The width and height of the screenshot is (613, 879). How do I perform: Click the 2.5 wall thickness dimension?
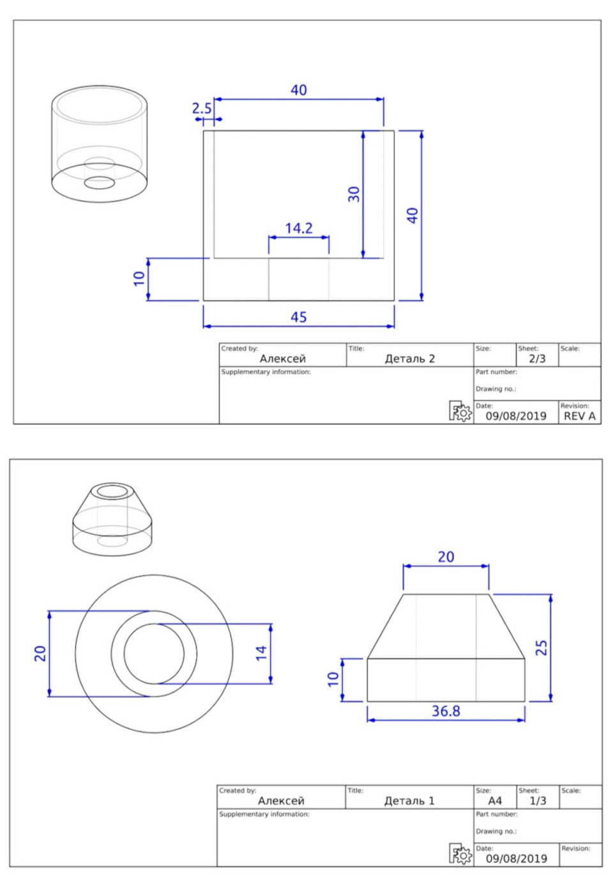pyautogui.click(x=201, y=108)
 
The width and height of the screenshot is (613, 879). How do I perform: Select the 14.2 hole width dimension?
pyautogui.click(x=299, y=228)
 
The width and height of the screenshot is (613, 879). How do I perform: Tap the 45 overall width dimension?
pyautogui.click(x=299, y=317)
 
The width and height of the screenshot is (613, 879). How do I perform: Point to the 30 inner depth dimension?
pyautogui.click(x=354, y=194)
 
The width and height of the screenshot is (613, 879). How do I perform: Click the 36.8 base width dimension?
pyautogui.click(x=446, y=711)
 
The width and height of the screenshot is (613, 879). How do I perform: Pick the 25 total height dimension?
pyautogui.click(x=541, y=648)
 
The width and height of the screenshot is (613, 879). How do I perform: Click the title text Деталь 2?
pyautogui.click(x=409, y=359)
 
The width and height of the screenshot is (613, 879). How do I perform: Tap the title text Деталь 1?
pyautogui.click(x=409, y=800)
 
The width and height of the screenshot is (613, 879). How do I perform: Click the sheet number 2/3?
pyautogui.click(x=537, y=359)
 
